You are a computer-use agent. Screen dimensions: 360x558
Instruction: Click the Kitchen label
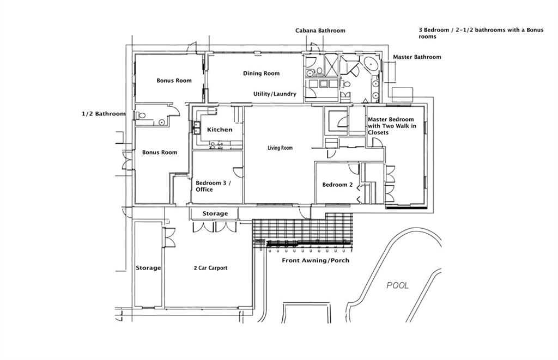click(220, 130)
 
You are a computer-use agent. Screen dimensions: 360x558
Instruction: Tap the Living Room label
click(280, 148)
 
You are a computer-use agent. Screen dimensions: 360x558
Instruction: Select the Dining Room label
click(261, 74)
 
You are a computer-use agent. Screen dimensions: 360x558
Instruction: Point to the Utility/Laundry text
click(275, 94)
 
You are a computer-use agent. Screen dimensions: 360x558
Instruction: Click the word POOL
click(397, 285)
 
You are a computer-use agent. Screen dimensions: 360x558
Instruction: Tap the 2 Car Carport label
click(210, 268)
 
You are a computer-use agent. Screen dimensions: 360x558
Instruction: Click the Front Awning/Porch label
click(316, 261)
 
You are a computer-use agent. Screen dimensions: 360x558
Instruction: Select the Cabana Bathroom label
click(320, 30)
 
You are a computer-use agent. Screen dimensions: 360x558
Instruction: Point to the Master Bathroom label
click(417, 57)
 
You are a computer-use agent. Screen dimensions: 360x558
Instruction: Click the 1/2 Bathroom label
click(104, 114)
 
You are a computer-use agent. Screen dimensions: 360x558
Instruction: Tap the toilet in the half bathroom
click(141, 115)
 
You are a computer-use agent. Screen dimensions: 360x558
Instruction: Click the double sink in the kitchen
click(195, 129)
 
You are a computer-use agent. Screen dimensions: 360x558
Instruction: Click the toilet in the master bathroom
click(347, 84)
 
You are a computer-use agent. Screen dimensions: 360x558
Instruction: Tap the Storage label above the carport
click(215, 213)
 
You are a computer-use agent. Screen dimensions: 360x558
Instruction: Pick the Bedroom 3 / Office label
click(213, 186)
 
